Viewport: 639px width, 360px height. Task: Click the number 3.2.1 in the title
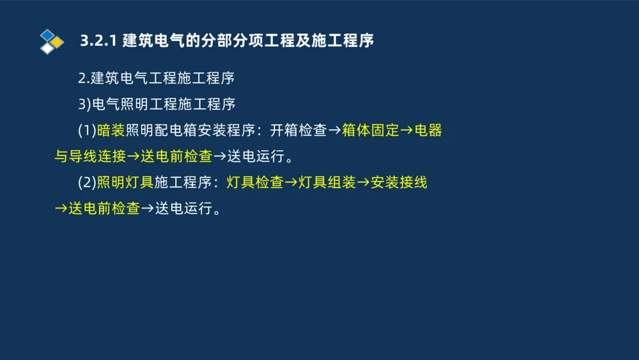(97, 41)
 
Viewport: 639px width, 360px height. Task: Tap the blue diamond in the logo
(47, 35)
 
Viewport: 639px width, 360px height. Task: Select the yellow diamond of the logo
(57, 42)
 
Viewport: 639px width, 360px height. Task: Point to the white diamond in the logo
(47, 49)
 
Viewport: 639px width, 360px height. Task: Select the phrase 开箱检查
(298, 130)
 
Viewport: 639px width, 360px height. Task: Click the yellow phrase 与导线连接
(90, 156)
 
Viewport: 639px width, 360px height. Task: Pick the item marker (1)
(87, 130)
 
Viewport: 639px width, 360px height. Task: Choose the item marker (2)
(87, 182)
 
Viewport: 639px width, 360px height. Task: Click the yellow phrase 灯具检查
(255, 182)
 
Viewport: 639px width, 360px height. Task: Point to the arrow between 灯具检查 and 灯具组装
(291, 182)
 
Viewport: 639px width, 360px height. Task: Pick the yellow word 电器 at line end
(428, 130)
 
